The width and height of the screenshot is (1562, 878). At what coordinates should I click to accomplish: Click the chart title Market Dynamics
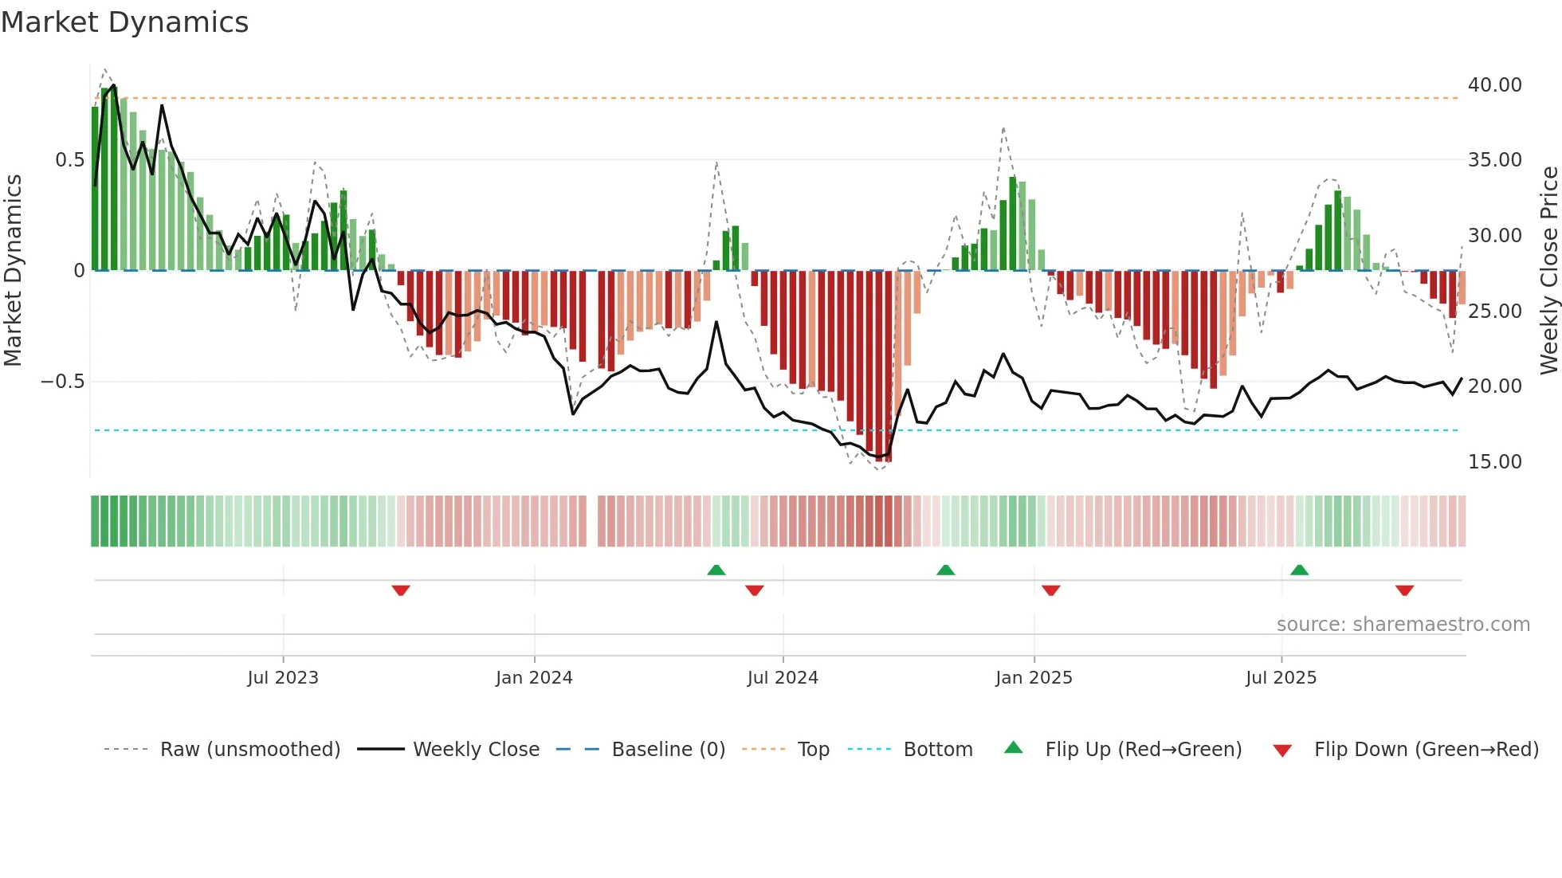point(125,22)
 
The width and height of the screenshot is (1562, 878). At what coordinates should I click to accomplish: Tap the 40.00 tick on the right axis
point(1494,85)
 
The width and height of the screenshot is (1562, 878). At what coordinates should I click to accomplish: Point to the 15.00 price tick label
point(1494,462)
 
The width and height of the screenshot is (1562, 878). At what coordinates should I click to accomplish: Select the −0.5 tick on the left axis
point(62,382)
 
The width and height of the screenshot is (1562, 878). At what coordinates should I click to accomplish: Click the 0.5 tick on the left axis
point(69,160)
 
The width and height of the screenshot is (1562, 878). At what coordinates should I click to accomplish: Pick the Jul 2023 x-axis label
point(282,678)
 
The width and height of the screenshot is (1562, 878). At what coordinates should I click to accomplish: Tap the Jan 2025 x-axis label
point(1034,678)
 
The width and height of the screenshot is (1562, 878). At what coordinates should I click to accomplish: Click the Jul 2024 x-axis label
point(782,678)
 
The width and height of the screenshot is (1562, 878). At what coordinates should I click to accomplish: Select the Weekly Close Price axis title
point(1548,270)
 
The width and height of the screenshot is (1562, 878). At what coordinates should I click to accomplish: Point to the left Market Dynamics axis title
point(13,270)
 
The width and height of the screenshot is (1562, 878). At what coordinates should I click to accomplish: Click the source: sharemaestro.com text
point(1403,625)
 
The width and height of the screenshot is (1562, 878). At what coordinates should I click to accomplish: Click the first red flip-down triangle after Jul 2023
point(401,590)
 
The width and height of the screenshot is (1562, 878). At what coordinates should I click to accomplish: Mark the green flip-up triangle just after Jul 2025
point(1299,570)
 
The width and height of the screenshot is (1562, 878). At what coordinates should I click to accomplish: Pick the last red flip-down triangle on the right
point(1404,590)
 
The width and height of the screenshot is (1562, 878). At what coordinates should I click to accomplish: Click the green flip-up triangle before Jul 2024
point(716,570)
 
